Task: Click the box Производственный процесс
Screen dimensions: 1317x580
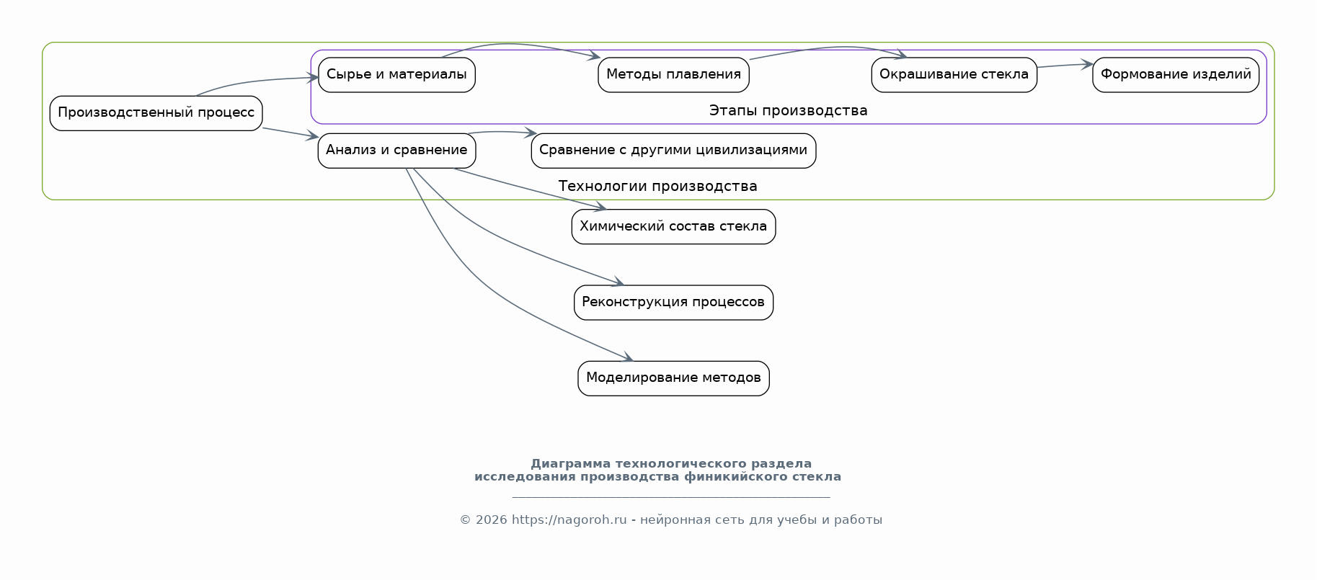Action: click(x=156, y=113)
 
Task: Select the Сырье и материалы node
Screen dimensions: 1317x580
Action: click(x=396, y=75)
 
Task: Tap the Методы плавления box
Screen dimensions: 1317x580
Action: click(x=673, y=75)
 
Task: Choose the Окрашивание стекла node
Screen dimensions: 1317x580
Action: click(x=954, y=75)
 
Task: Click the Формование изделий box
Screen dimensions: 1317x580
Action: click(x=1176, y=75)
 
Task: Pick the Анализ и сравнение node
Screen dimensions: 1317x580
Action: click(x=396, y=151)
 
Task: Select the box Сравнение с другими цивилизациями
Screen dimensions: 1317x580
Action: click(x=673, y=151)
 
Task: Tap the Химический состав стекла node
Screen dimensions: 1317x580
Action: click(x=673, y=227)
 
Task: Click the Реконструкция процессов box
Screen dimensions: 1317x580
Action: click(x=673, y=303)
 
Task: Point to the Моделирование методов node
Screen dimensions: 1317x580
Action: click(x=673, y=378)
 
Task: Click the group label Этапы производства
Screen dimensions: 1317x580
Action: click(x=788, y=111)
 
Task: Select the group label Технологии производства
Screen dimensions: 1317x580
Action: click(x=657, y=187)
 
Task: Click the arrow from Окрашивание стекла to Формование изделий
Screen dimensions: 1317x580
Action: click(x=1065, y=66)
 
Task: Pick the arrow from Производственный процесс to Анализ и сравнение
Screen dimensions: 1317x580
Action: click(x=291, y=133)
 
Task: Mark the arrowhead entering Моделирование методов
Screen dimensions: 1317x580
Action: click(x=628, y=358)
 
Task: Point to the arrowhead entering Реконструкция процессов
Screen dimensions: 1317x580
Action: click(x=618, y=282)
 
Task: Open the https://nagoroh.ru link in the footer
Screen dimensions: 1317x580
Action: click(x=569, y=520)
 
